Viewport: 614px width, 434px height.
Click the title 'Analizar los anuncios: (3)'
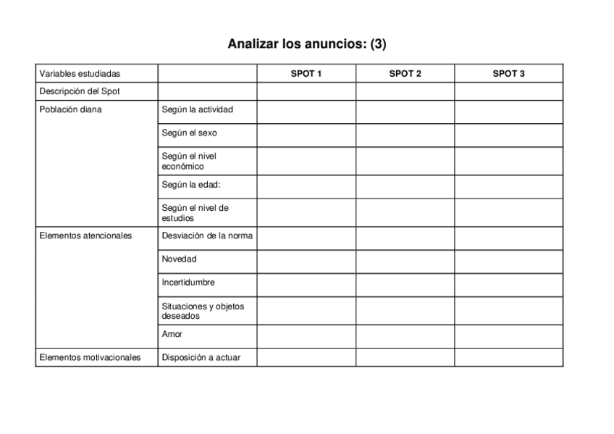click(x=307, y=44)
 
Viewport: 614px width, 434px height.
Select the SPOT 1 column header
click(x=306, y=74)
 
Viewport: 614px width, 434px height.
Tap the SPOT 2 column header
click(x=405, y=74)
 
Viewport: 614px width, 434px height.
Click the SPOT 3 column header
click(x=508, y=74)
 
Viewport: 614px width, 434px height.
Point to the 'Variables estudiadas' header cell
click(x=80, y=74)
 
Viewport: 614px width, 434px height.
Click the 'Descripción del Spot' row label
click(x=80, y=92)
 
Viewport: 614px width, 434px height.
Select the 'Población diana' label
click(x=70, y=110)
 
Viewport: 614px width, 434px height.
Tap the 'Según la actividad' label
click(x=197, y=110)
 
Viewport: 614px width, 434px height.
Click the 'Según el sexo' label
click(x=189, y=133)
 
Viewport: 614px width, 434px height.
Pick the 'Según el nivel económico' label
click(x=189, y=161)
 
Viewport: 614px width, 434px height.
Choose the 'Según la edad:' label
click(x=191, y=185)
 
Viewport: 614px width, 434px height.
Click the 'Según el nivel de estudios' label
click(x=195, y=212)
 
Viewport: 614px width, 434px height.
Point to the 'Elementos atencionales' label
click(x=85, y=235)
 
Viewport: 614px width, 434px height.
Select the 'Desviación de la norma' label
click(x=207, y=235)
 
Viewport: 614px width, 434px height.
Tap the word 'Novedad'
click(x=179, y=259)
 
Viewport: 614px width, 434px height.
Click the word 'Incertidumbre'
click(x=188, y=283)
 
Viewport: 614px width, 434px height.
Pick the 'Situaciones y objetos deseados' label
click(x=203, y=311)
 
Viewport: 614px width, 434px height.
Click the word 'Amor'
click(x=172, y=334)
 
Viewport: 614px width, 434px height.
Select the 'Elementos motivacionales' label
click(x=90, y=357)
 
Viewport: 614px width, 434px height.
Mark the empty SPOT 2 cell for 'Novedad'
click(x=405, y=261)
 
